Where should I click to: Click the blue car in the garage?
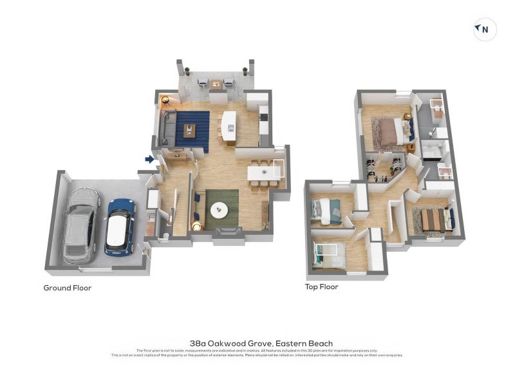(119, 226)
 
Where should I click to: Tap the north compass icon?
(485, 29)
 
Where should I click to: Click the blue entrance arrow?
(150, 160)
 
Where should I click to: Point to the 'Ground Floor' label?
(68, 288)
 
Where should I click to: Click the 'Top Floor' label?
(322, 287)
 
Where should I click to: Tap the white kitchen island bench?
(229, 125)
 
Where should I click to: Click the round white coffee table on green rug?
(220, 209)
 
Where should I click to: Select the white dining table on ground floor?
(265, 173)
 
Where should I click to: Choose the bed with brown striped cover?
(434, 220)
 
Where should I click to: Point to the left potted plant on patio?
(187, 71)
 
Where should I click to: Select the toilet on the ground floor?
(162, 236)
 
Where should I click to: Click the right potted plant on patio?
(245, 71)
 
